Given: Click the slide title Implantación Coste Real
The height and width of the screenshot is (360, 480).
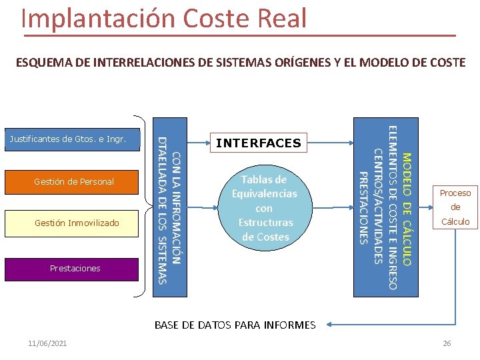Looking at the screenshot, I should click(163, 18).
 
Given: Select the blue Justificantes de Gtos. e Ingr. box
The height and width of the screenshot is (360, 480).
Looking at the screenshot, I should click(73, 139).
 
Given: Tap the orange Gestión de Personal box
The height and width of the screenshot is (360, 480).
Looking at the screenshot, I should click(73, 181).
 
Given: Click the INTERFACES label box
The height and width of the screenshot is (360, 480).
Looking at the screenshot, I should click(259, 143).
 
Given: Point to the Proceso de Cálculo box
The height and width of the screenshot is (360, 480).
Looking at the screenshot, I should click(455, 207).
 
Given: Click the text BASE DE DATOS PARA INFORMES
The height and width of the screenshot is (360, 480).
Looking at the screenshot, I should click(235, 325).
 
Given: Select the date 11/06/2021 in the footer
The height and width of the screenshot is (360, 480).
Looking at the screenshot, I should click(47, 343).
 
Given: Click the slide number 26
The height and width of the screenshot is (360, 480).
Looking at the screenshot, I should click(447, 343).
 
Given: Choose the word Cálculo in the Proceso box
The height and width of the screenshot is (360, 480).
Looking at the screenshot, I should click(455, 222).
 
